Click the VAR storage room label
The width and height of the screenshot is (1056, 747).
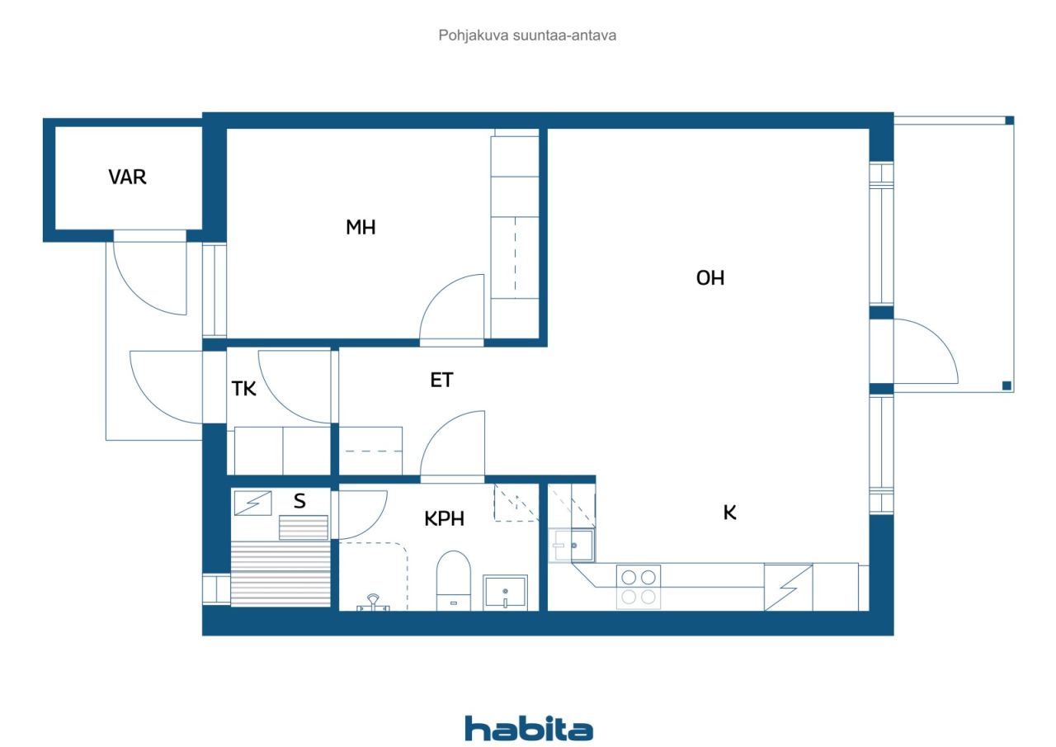pyautogui.click(x=127, y=177)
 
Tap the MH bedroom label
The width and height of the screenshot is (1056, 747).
pyautogui.click(x=361, y=227)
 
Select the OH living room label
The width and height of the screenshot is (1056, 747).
pyautogui.click(x=710, y=278)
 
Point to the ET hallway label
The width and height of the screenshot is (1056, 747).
pyautogui.click(x=441, y=380)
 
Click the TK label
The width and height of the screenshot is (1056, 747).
pyautogui.click(x=243, y=389)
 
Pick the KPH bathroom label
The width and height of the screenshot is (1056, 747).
pyautogui.click(x=444, y=518)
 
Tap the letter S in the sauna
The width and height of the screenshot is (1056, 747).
pyautogui.click(x=299, y=500)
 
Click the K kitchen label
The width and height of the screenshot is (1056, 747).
pyautogui.click(x=730, y=513)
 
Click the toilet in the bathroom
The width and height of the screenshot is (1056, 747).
pyautogui.click(x=454, y=580)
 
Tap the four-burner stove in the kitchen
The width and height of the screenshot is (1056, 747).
pyautogui.click(x=639, y=587)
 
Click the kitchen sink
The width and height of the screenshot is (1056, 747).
pyautogui.click(x=572, y=545)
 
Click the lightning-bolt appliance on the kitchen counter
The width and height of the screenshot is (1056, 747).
pyautogui.click(x=788, y=588)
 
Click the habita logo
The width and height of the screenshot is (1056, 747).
pyautogui.click(x=529, y=729)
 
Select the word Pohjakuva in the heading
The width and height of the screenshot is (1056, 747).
pyautogui.click(x=474, y=35)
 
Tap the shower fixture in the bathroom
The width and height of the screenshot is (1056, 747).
pyautogui.click(x=373, y=603)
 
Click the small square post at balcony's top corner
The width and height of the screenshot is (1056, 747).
pyautogui.click(x=1009, y=121)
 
